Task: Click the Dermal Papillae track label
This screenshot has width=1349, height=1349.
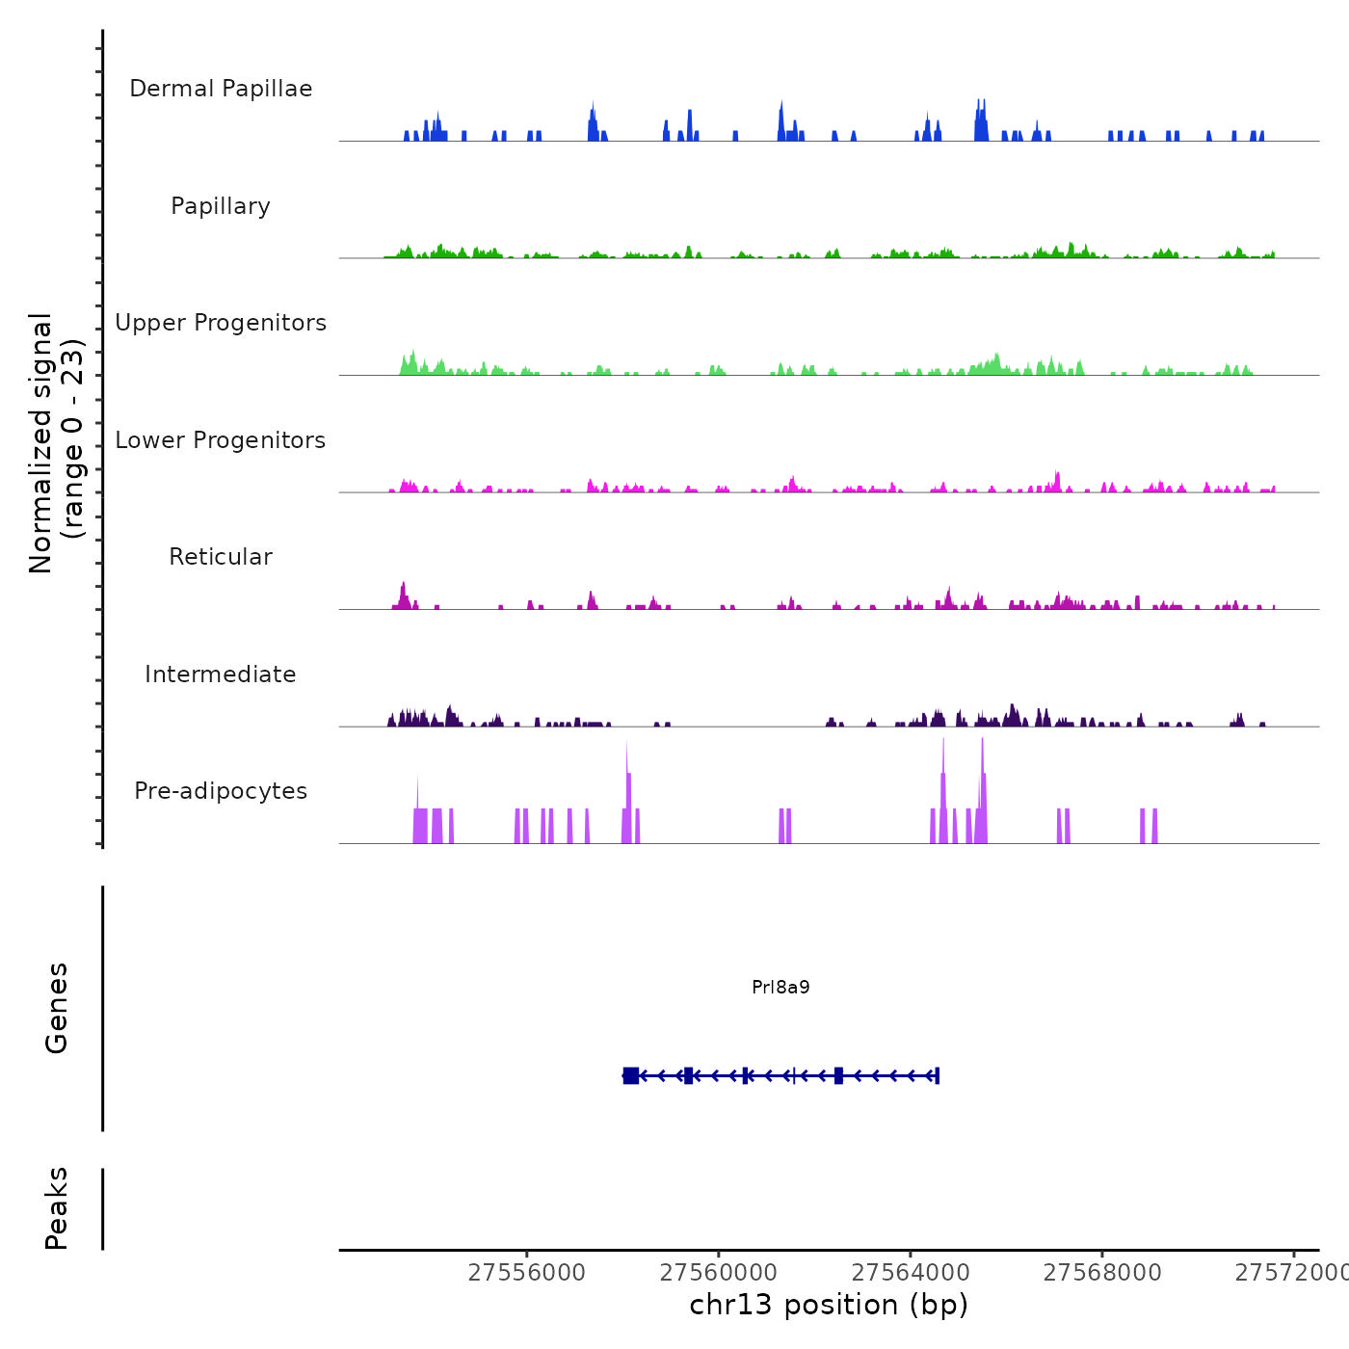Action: [221, 89]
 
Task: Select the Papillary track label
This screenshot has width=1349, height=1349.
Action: [221, 206]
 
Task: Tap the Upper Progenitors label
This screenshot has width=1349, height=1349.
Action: [221, 323]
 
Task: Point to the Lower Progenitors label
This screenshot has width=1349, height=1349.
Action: [221, 440]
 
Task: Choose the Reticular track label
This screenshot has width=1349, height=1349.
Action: [221, 557]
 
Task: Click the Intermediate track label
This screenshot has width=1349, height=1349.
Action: [221, 674]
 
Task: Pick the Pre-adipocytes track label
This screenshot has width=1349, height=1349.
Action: [221, 791]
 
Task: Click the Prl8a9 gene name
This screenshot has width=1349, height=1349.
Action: [780, 987]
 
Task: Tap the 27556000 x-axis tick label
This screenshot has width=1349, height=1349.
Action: [527, 1273]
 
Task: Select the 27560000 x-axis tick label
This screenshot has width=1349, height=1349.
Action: [719, 1273]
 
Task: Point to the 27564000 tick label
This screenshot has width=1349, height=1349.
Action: [911, 1273]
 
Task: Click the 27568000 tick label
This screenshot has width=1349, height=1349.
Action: [1102, 1273]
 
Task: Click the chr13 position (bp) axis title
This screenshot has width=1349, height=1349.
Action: [829, 1305]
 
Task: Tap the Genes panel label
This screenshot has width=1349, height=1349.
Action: [57, 1008]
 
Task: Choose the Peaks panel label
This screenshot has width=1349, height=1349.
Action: [57, 1208]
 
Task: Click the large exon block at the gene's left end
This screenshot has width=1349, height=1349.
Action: [631, 1075]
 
